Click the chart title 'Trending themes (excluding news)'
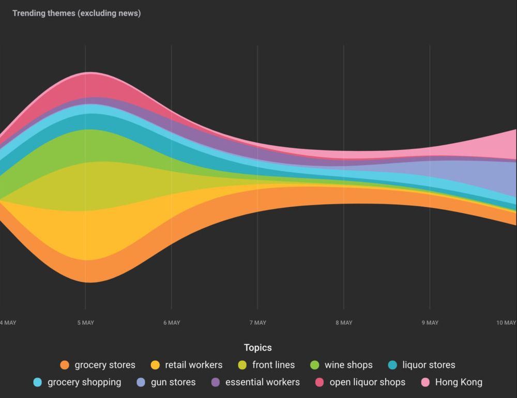tap(77, 13)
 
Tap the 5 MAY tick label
tap(86, 323)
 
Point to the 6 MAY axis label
tap(172, 323)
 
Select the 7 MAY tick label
tap(257, 323)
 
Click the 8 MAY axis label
tap(344, 323)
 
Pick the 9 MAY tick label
tap(430, 323)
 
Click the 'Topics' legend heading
tap(258, 348)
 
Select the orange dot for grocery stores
tap(65, 365)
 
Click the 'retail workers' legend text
tap(193, 365)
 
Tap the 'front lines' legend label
tap(273, 365)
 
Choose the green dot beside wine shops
tap(314, 365)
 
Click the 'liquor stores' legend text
tap(429, 365)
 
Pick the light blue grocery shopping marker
tap(38, 382)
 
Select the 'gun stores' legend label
tap(173, 382)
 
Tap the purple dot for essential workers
tap(216, 382)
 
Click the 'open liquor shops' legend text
tap(367, 382)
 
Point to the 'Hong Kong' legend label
tap(459, 382)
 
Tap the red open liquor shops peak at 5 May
tap(90, 86)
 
